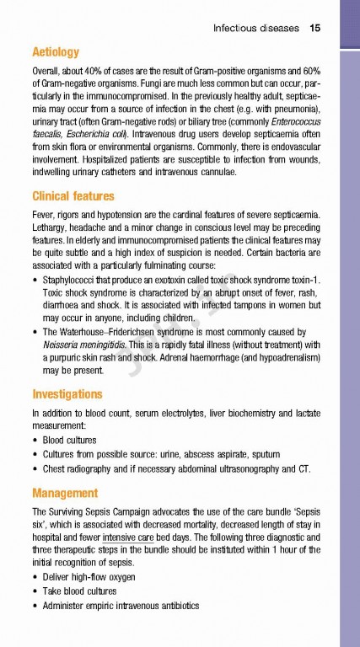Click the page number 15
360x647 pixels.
314,28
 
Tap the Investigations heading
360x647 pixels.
67,393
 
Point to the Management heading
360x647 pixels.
64,493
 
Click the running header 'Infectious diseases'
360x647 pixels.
255,28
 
